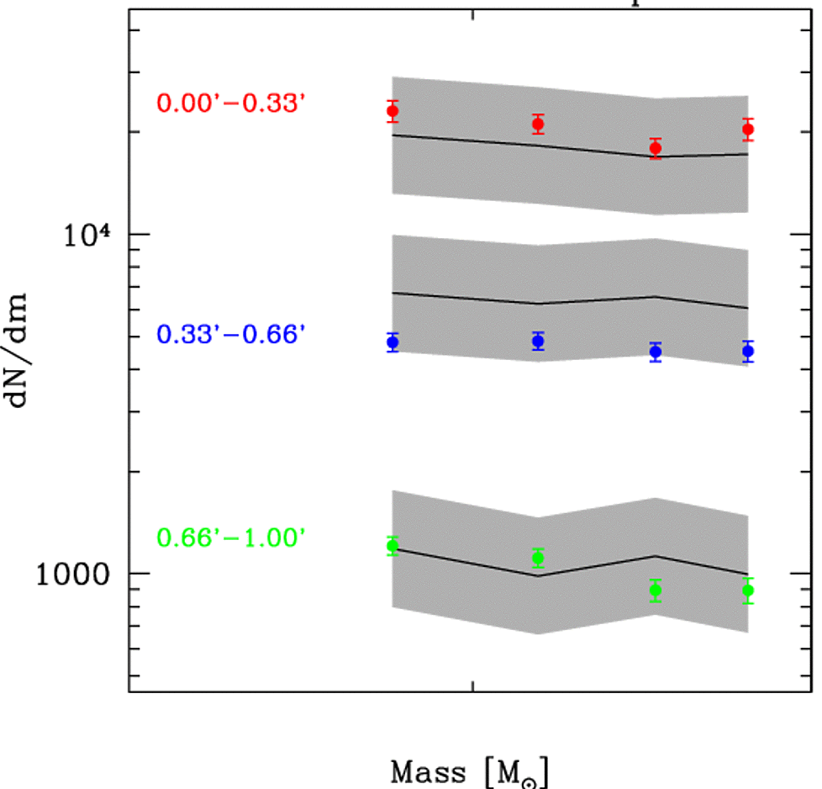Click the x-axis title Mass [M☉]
(x=470, y=770)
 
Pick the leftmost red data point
(x=393, y=111)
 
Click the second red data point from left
(x=538, y=124)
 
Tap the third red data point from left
(x=656, y=148)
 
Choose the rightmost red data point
(x=748, y=130)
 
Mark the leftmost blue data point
(x=393, y=342)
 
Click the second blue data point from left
(x=538, y=341)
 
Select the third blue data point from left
(x=656, y=352)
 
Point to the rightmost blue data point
(x=748, y=351)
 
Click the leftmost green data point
(x=393, y=546)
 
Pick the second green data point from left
(x=538, y=558)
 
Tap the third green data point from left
(x=656, y=590)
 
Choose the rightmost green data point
(x=748, y=590)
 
